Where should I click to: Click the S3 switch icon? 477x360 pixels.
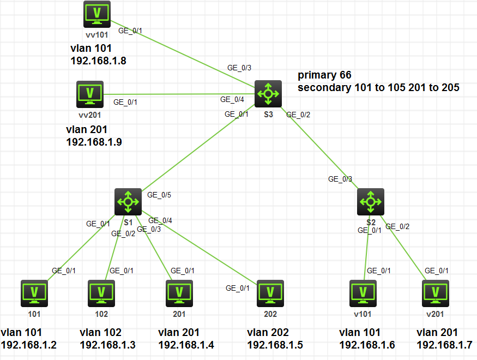268,94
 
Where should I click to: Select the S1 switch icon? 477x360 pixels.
128,202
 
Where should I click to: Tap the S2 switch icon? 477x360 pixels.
371,202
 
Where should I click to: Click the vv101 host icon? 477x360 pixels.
97,14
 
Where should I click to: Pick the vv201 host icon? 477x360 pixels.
89,94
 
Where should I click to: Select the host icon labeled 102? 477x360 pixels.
101,293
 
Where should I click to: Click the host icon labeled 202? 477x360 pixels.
270,293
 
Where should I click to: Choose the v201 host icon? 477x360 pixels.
436,293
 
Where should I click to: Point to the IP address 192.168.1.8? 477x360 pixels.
98,61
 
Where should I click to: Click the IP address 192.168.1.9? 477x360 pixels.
93,142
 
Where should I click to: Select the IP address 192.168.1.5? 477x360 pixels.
275,345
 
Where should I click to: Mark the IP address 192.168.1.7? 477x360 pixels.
444,345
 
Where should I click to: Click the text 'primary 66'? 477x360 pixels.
324,75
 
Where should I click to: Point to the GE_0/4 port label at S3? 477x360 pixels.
232,100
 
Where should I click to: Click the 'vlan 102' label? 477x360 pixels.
100,332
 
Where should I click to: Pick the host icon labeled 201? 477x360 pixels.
179,293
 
